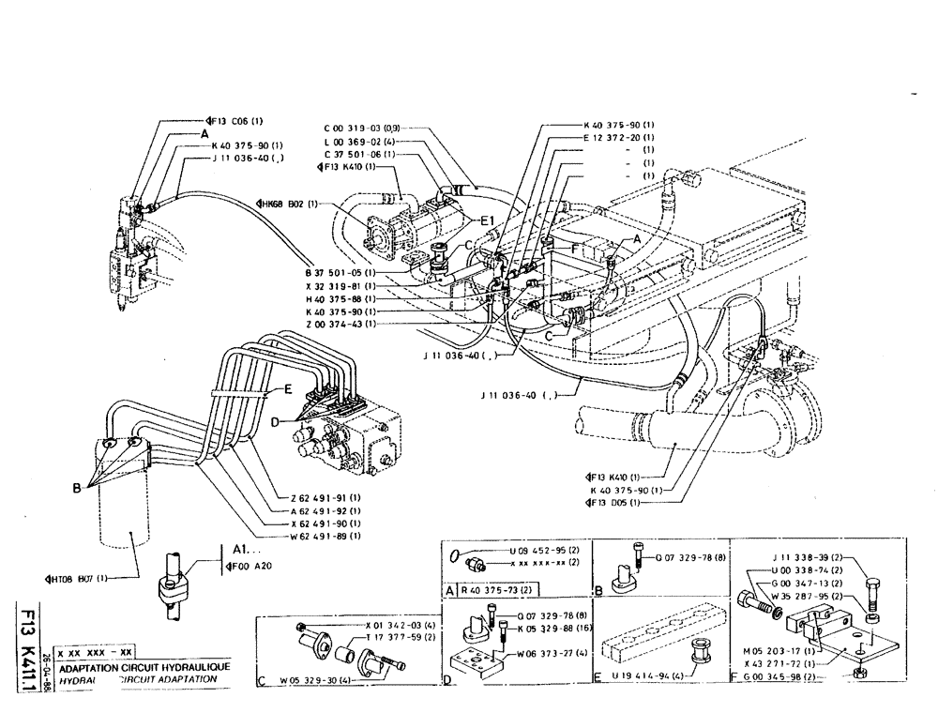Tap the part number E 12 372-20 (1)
619,138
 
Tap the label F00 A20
243,566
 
